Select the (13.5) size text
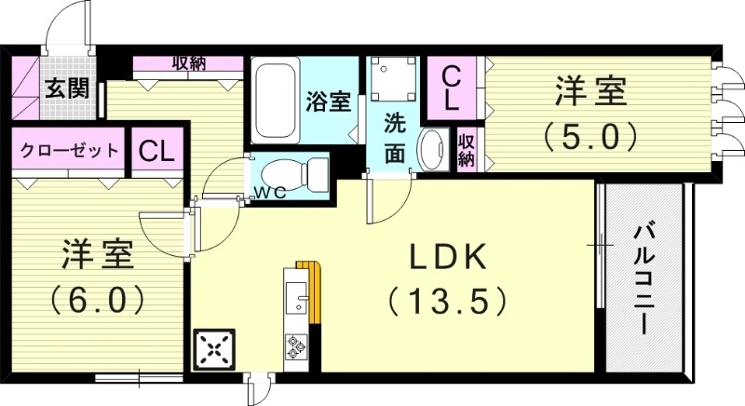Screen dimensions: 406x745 point(447,300)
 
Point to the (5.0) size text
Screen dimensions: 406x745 point(591,138)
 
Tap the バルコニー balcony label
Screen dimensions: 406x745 point(643,279)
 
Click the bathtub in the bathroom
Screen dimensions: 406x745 point(276,101)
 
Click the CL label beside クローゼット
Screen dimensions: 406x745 point(157,151)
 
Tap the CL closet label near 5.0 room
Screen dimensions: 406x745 point(450,87)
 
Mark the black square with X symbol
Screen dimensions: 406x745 point(214,351)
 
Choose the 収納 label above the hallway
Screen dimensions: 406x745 point(189,63)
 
